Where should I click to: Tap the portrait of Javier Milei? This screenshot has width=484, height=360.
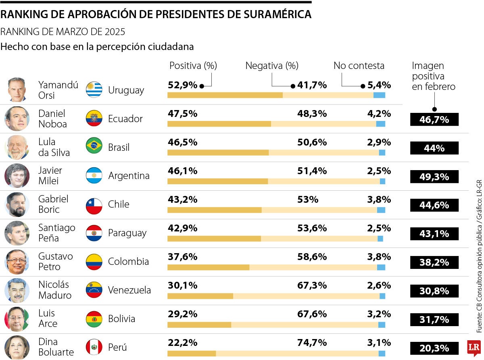pos(17,176)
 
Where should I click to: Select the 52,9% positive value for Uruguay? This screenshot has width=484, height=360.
pos(182,85)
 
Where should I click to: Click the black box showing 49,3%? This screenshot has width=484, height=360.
pos(434,177)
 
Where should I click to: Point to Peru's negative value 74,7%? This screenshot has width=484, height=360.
pos(312,343)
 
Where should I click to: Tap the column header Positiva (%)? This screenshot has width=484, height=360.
pos(193,66)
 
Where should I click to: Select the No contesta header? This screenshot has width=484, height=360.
pos(359,66)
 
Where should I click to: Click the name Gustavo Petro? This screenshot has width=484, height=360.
pos(56,262)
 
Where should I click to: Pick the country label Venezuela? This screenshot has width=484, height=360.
pos(129,290)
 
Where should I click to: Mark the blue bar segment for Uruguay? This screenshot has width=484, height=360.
pos(379,95)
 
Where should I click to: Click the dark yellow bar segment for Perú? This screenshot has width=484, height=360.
pos(192,354)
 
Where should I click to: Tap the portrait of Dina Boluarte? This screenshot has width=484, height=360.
pos(17,347)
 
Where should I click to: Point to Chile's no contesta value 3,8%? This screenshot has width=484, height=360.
pos(379,200)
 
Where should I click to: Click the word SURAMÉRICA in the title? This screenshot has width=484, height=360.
pos(278,15)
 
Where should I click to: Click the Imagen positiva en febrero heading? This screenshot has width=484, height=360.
pos(434,76)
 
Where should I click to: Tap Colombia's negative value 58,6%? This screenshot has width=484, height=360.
pos(312,257)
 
